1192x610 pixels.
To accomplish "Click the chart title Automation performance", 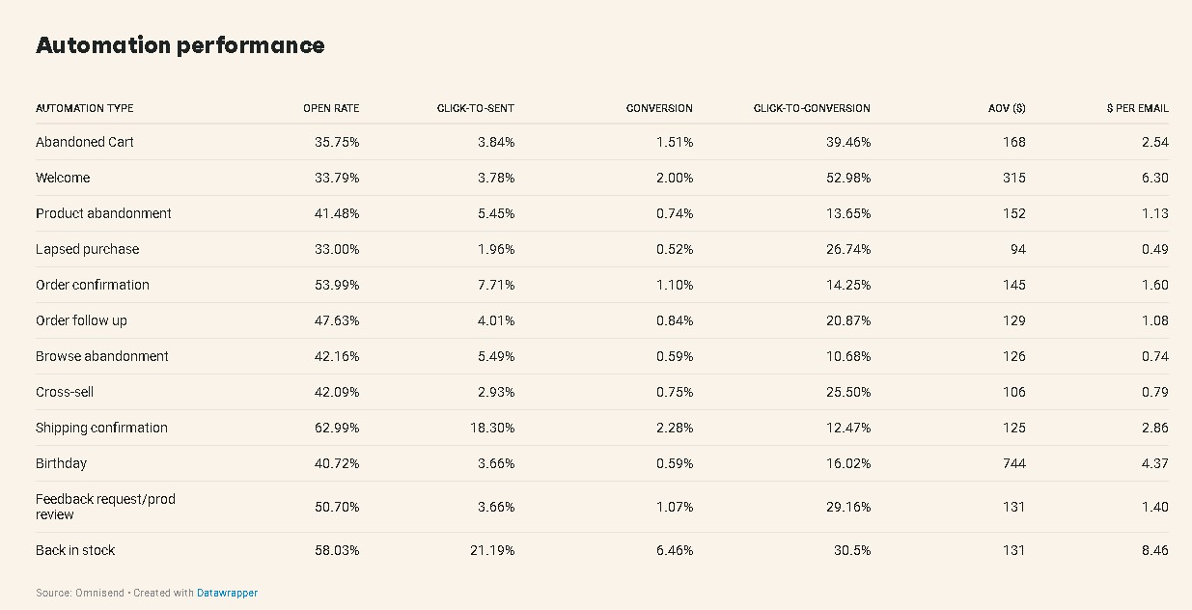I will pyautogui.click(x=180, y=45).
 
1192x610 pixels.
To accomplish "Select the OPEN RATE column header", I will pyautogui.click(x=331, y=108).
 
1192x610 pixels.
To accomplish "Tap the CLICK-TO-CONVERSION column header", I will pyautogui.click(x=812, y=108).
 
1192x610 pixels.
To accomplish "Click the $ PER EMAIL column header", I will pyautogui.click(x=1137, y=108).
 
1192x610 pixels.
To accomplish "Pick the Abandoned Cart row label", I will pyautogui.click(x=85, y=142).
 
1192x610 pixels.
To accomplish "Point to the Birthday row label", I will pyautogui.click(x=61, y=463).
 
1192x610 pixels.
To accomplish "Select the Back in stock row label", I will pyautogui.click(x=75, y=550).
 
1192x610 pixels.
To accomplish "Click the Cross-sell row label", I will pyautogui.click(x=65, y=392).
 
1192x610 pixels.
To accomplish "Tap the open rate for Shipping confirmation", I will pyautogui.click(x=337, y=428).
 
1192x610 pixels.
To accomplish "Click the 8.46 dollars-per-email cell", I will pyautogui.click(x=1153, y=550).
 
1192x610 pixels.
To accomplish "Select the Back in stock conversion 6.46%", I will pyautogui.click(x=674, y=550).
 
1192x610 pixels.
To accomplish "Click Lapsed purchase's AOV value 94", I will pyautogui.click(x=1017, y=249).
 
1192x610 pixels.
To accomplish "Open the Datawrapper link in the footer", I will pyautogui.click(x=227, y=593).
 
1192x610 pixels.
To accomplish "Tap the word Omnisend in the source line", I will pyautogui.click(x=99, y=593).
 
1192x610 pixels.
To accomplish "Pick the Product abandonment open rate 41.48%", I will pyautogui.click(x=337, y=213).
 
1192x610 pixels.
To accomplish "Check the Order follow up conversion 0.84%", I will pyautogui.click(x=674, y=320).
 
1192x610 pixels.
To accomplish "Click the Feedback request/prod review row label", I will pyautogui.click(x=105, y=507).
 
